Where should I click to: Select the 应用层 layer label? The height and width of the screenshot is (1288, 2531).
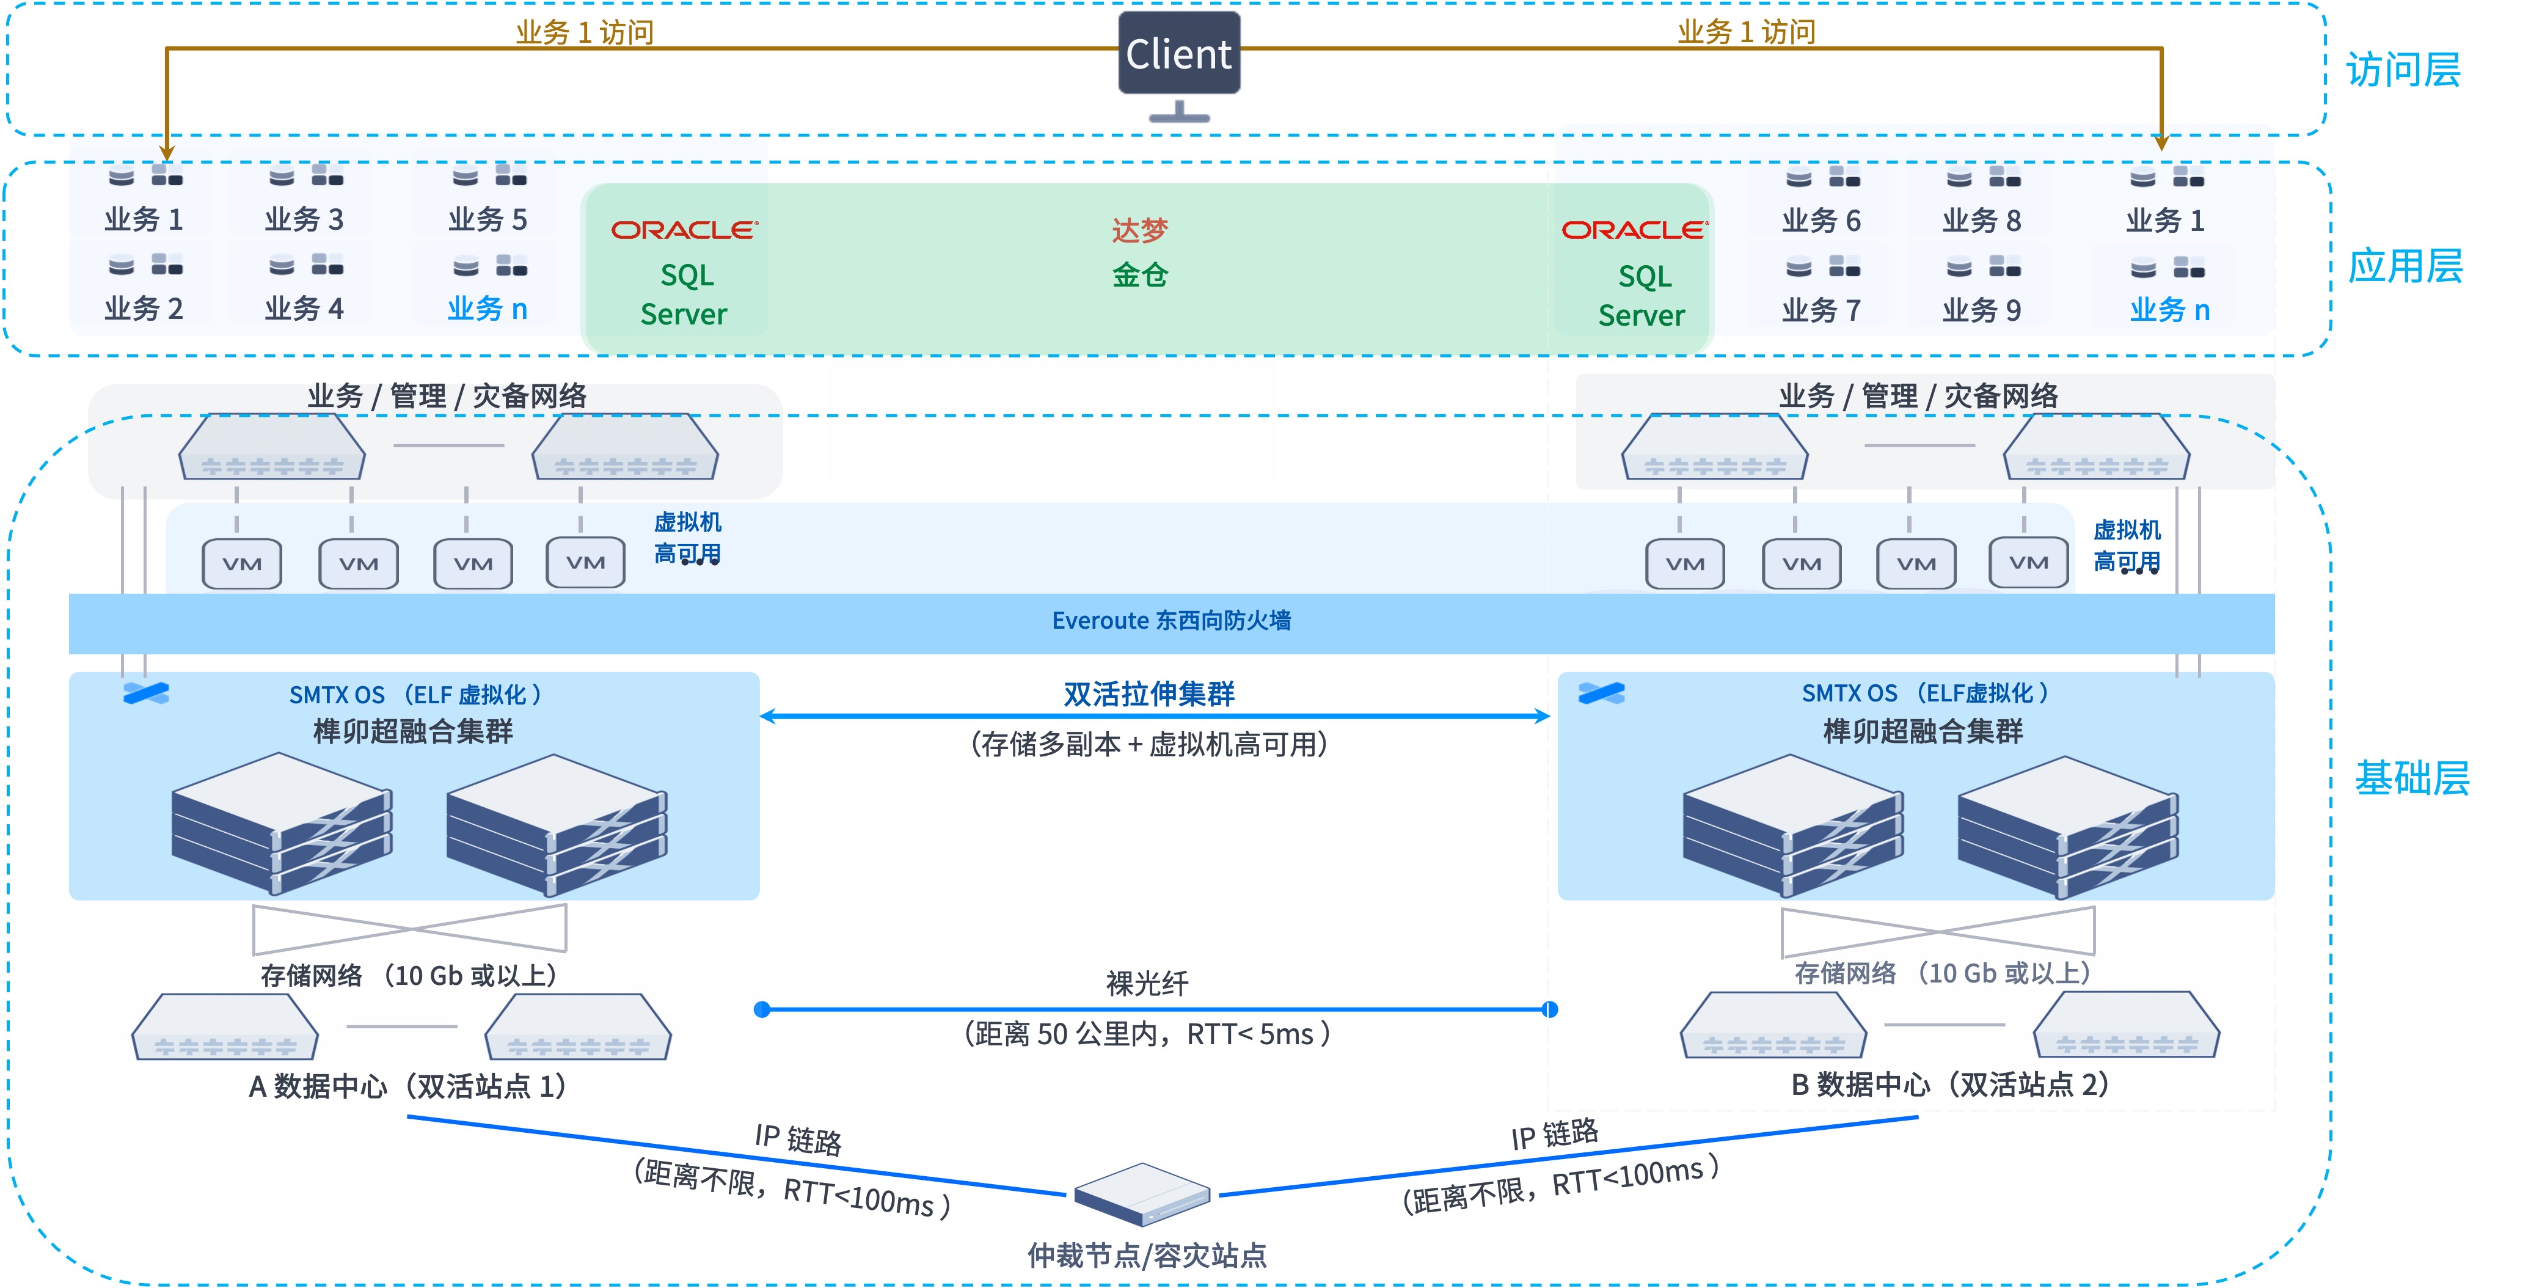(x=2405, y=266)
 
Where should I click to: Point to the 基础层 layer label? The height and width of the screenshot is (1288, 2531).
(x=2411, y=777)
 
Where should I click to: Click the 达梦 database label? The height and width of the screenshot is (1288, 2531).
(x=1140, y=230)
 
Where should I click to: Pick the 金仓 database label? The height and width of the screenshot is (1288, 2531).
(x=1140, y=274)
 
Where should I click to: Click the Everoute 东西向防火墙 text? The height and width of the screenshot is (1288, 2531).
(x=1171, y=621)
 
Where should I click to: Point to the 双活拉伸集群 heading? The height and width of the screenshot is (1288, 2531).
(x=1149, y=693)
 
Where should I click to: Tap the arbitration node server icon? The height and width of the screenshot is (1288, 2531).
(x=1142, y=1194)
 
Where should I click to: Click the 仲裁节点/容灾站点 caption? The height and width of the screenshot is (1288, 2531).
(x=1147, y=1254)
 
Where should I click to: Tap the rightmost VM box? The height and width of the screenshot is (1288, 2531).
(x=2028, y=562)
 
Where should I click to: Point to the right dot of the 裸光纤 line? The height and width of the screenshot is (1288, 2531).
(x=1549, y=1009)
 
